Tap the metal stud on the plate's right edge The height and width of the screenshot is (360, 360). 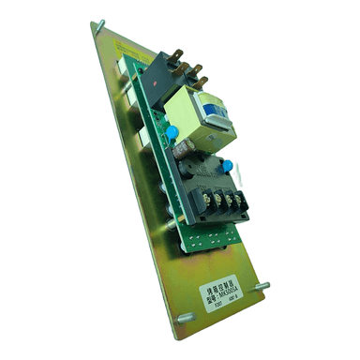click(x=261, y=287)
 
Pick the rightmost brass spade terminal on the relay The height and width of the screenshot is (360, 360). click(x=199, y=68)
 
